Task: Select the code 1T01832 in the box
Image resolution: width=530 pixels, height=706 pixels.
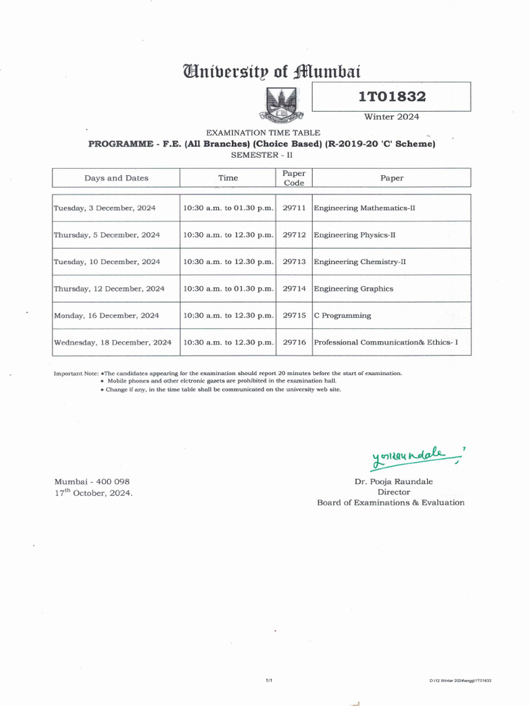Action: point(391,97)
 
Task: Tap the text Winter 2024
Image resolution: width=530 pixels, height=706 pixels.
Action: point(391,117)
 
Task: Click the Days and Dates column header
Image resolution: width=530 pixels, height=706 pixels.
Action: point(116,178)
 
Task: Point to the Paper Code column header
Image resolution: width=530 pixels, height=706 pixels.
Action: point(294,178)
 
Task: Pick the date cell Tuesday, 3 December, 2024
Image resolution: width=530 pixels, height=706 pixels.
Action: point(105,208)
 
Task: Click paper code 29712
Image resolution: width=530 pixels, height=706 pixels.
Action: point(294,235)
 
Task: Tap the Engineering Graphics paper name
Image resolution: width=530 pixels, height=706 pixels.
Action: point(353,289)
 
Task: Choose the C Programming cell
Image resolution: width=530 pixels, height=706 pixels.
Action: point(342,316)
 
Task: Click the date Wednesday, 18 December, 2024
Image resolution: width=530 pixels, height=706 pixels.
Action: point(112,342)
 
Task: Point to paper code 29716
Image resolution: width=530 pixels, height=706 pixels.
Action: point(294,342)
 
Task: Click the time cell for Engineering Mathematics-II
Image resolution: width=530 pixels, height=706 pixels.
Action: point(228,208)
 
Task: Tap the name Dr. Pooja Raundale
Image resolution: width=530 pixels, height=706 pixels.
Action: point(393,482)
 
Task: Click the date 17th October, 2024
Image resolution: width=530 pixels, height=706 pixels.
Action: point(93,493)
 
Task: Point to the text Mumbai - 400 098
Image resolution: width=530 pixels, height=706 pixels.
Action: point(92,482)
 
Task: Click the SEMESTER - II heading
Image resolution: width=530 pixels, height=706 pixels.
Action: point(262,155)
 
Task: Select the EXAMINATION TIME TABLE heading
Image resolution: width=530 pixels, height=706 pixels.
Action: point(263,132)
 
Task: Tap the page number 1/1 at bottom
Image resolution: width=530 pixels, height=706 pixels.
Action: point(269,680)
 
